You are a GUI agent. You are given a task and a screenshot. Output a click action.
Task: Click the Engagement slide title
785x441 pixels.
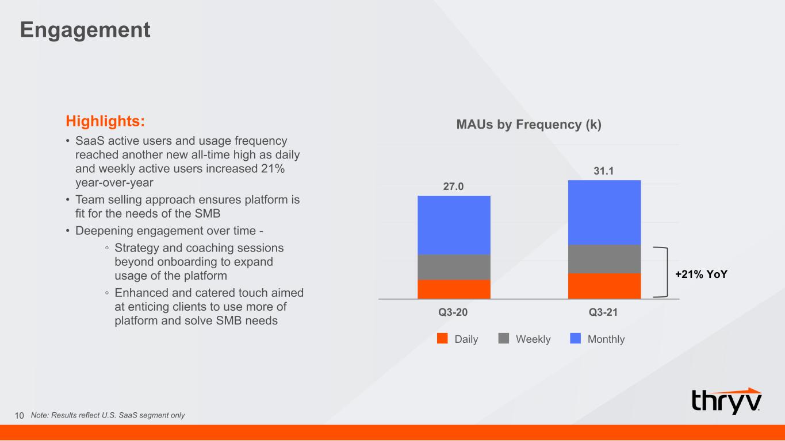[85, 30]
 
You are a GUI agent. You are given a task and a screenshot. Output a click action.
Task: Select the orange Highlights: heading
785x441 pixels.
[105, 121]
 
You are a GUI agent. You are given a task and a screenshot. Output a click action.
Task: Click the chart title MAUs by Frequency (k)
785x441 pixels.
[529, 124]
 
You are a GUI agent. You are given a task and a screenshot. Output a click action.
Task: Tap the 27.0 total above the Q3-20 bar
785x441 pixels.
[453, 187]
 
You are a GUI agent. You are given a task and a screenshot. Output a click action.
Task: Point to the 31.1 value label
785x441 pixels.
[603, 171]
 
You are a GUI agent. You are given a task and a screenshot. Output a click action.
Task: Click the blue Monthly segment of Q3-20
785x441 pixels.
[454, 225]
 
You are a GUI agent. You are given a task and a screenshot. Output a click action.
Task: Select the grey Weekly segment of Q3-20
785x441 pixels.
[454, 267]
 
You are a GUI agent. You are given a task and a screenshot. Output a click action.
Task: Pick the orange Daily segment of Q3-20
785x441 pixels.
[454, 289]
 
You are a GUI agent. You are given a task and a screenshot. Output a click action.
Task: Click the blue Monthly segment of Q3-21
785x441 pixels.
[604, 212]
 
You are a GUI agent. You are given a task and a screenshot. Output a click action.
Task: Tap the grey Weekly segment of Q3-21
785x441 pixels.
[604, 259]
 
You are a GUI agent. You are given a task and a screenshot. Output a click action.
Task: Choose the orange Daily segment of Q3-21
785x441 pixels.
[604, 286]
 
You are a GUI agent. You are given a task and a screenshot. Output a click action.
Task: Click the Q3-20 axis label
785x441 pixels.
[453, 312]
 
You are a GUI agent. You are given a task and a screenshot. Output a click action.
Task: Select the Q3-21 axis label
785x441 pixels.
[603, 312]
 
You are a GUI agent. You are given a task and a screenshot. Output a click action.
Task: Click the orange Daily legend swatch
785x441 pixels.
[442, 338]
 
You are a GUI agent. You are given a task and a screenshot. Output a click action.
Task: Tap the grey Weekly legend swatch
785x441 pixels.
[504, 338]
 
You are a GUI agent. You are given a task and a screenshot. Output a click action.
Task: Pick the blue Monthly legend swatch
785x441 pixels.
[576, 338]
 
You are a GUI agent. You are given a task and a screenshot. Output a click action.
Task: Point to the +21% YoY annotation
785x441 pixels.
[701, 274]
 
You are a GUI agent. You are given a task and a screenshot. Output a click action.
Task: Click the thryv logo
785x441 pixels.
[726, 401]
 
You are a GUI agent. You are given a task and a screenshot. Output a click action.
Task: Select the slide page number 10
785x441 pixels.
[20, 416]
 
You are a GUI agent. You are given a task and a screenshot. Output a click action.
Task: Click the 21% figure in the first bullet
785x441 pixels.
[273, 169]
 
